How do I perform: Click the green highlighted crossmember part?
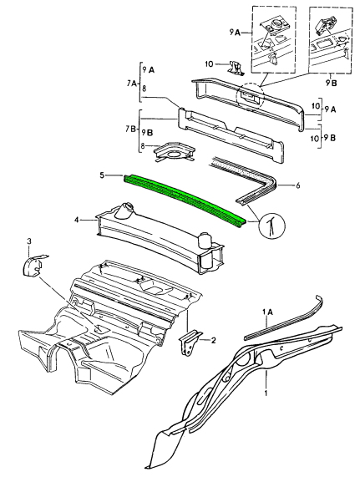pos(185,199)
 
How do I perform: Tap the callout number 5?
pos(103,175)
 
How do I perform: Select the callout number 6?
pos(297,185)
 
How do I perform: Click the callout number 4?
pos(77,220)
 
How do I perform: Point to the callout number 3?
pos(29,241)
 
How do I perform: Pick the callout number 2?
pos(213,340)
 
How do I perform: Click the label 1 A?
pos(267,312)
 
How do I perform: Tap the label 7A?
pos(131,83)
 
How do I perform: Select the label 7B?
pos(131,129)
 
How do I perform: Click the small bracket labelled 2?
pos(190,343)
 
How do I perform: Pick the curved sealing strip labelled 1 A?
pos(284,318)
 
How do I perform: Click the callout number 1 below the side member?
pos(266,393)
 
